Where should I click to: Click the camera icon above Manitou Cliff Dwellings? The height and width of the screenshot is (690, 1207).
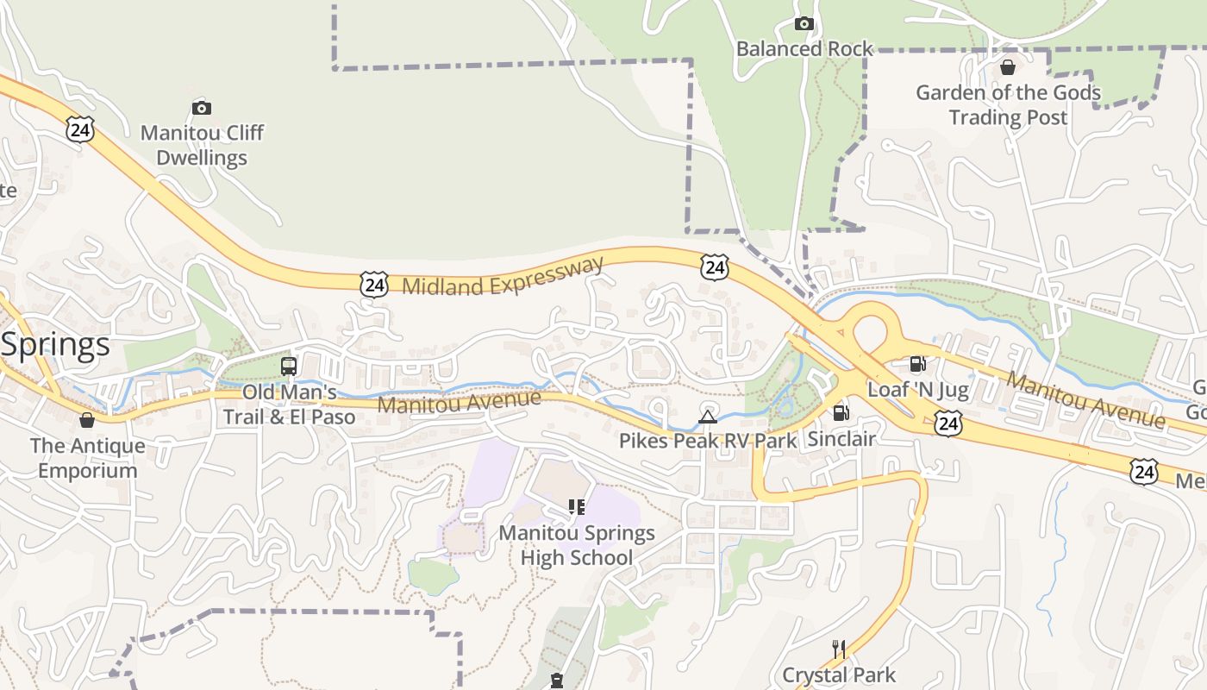202,108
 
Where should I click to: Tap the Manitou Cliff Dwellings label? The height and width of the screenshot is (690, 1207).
202,145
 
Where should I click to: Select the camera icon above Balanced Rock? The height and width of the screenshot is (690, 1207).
804,23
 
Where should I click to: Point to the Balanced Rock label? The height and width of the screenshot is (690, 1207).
804,48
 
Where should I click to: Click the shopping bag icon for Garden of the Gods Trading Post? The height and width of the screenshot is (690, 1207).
1008,67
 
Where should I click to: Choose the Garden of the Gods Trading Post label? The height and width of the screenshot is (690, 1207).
1008,104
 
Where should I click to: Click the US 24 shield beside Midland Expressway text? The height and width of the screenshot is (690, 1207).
373,284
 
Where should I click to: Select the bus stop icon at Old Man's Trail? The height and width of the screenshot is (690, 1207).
289,366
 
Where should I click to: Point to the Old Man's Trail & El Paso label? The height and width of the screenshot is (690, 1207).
289,405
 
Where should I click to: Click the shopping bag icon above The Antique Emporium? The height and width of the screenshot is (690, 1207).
87,420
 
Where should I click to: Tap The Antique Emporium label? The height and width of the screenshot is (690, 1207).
87,458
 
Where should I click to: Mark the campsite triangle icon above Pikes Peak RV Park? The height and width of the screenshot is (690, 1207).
708,418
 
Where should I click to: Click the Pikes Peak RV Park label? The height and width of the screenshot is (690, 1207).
708,441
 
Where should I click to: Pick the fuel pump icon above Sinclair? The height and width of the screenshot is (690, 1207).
841,413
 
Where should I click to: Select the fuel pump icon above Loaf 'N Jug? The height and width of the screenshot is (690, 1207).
917,365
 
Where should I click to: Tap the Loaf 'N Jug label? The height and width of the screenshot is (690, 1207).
917,390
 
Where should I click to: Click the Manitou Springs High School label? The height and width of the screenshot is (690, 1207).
577,545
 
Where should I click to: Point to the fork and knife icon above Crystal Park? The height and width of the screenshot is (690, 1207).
838,649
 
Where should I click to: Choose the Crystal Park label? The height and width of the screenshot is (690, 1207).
839,674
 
